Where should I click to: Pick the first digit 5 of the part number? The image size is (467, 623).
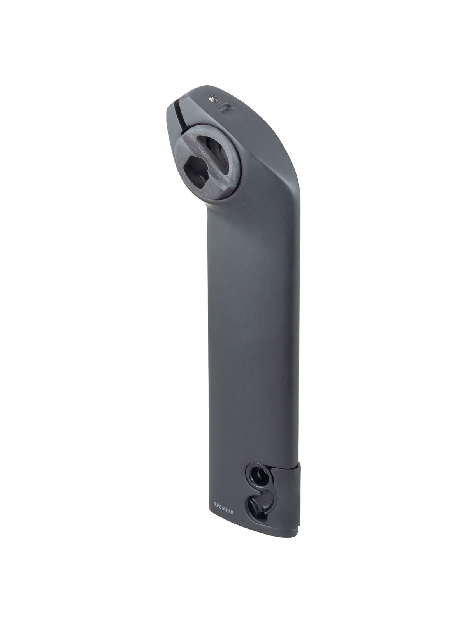click(215, 504)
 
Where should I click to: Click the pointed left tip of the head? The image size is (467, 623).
click(170, 105)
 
